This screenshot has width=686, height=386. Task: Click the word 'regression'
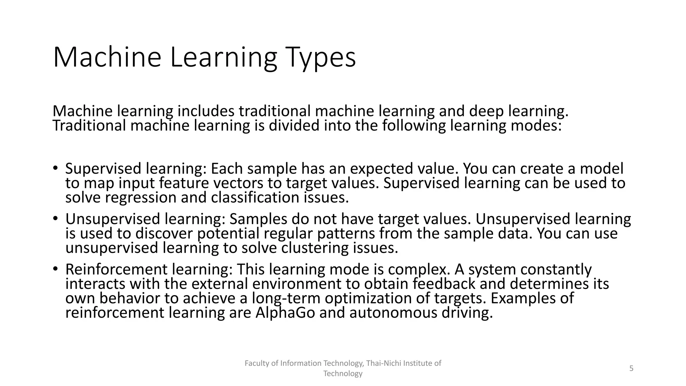[140, 197]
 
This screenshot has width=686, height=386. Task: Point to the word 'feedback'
[444, 284]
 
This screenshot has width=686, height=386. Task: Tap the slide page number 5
[631, 369]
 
